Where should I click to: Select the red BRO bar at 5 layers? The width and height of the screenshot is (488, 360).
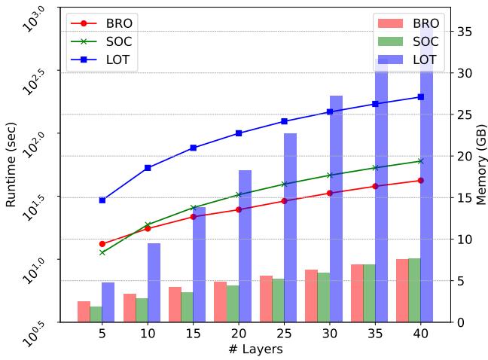click(x=84, y=312)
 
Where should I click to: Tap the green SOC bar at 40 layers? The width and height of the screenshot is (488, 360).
click(x=414, y=290)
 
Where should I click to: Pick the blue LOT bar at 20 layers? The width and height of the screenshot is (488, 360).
click(x=245, y=246)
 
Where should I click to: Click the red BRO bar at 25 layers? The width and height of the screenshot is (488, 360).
click(x=266, y=299)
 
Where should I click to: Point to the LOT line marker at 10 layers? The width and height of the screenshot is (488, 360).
click(x=148, y=168)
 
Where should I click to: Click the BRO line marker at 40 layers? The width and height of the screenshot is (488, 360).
click(x=420, y=180)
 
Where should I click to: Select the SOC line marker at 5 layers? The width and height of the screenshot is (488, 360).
click(x=102, y=252)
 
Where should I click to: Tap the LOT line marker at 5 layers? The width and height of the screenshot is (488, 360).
click(x=102, y=200)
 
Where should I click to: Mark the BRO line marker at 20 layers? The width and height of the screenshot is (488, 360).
click(x=239, y=209)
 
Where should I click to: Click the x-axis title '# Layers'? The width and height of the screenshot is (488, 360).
click(x=255, y=349)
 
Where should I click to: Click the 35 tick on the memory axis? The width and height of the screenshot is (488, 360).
click(x=465, y=32)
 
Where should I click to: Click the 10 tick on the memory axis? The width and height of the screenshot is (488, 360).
click(x=465, y=239)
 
